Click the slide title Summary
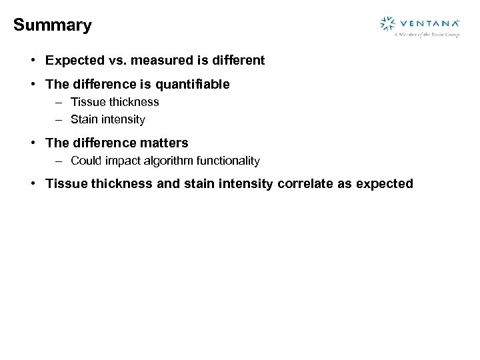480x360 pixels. (52, 25)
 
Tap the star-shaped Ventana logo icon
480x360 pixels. (387, 24)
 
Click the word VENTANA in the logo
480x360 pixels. (427, 23)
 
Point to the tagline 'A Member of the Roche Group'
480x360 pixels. (427, 35)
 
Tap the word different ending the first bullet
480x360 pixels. (237, 61)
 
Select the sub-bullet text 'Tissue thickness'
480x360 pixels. (115, 102)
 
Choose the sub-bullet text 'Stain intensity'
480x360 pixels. (107, 120)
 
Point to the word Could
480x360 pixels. (85, 161)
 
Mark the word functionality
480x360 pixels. (228, 161)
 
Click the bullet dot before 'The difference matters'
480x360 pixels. (33, 143)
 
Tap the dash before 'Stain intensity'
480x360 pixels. (59, 120)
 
